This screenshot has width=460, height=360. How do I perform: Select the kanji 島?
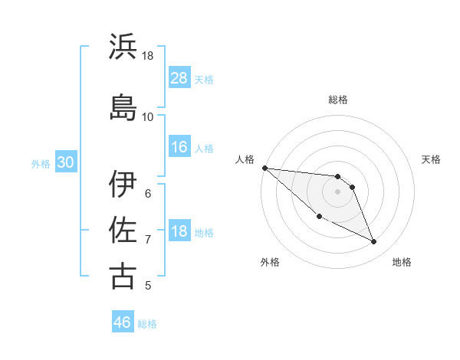tap(123, 106)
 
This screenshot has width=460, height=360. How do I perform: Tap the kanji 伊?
tap(123, 183)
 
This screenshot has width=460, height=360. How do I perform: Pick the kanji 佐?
tap(123, 229)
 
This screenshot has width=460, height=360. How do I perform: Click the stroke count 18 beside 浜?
tap(148, 56)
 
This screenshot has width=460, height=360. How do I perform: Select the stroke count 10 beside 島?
tap(148, 116)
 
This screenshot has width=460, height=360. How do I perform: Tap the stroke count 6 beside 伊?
tap(148, 193)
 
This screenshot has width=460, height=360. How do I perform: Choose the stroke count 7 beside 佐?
tap(148, 240)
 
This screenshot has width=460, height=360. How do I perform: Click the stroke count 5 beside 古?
tap(148, 286)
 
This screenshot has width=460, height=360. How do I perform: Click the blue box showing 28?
tap(179, 78)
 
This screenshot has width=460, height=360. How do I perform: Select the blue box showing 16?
tap(179, 147)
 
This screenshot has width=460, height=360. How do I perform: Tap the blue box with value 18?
tap(179, 231)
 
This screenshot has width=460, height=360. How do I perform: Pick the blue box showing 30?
tap(65, 162)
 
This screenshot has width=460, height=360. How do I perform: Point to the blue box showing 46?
tap(123, 322)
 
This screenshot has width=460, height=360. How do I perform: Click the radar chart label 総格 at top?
tap(338, 100)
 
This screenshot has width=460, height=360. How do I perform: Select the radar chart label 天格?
tap(432, 159)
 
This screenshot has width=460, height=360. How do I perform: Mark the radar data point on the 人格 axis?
tap(264, 168)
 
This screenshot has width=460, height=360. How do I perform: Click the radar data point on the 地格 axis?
tap(374, 242)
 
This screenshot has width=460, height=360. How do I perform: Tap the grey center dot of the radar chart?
tap(338, 191)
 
